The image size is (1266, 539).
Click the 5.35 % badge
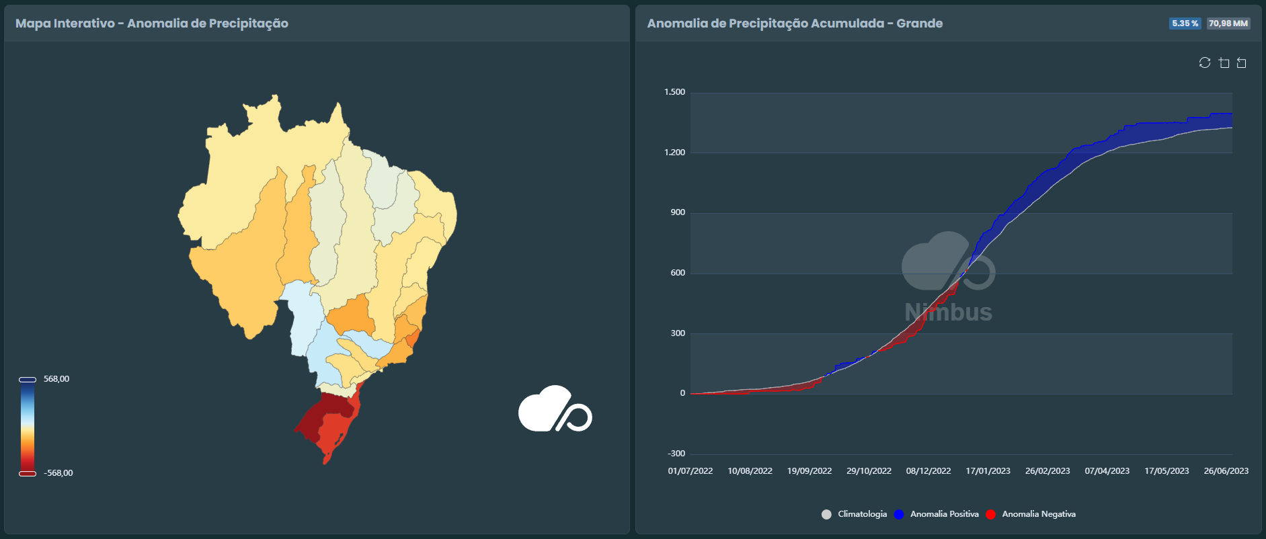[1185, 24]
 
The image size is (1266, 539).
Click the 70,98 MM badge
[1228, 24]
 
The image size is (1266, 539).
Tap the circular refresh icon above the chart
[1205, 63]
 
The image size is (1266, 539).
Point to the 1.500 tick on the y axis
[674, 92]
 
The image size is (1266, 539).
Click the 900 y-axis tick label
[677, 212]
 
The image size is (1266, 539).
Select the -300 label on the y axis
[676, 454]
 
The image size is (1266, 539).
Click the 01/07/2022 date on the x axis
[690, 471]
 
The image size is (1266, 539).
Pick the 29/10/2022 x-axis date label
[869, 471]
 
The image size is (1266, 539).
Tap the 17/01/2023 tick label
[988, 471]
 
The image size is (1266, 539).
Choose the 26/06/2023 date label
[1226, 471]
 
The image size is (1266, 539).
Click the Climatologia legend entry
[861, 514]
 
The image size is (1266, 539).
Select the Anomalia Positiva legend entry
[944, 514]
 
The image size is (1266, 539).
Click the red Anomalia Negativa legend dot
[990, 514]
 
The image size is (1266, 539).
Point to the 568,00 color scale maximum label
[56, 379]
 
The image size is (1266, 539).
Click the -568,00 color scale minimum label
[58, 473]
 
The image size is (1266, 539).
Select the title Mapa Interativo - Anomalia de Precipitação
[152, 24]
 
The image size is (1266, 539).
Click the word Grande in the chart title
[919, 24]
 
